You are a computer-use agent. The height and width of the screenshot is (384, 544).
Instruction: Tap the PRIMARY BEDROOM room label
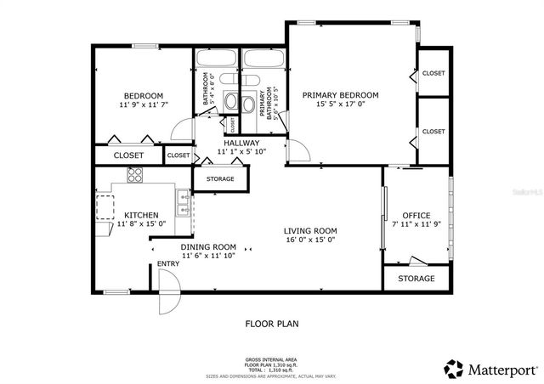point(340,95)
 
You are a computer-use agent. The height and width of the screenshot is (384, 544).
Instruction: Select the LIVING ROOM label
point(310,230)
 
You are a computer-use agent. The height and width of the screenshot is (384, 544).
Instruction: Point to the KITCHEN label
point(141,215)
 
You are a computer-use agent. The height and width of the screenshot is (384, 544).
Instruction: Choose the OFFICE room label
point(416,215)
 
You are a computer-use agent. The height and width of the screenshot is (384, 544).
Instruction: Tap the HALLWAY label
point(241,143)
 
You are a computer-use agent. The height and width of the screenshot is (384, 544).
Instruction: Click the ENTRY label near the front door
point(168,264)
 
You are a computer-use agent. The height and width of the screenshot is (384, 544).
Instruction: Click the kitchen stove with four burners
point(135,176)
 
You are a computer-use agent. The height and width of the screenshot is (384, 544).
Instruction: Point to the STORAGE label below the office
point(416,279)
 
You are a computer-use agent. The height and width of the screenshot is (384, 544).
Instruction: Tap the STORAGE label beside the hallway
point(220,179)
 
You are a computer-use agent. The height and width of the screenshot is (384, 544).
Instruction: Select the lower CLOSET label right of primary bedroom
point(433,132)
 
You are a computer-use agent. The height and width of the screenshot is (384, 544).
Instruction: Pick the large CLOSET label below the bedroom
point(128,155)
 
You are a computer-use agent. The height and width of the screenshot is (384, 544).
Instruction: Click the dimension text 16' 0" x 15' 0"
point(310,240)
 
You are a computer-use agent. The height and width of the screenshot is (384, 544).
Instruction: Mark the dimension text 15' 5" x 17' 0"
point(340,104)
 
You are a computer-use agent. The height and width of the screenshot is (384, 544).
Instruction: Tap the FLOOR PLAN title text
point(272,323)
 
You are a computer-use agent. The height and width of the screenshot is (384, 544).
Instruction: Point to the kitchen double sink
point(183,205)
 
